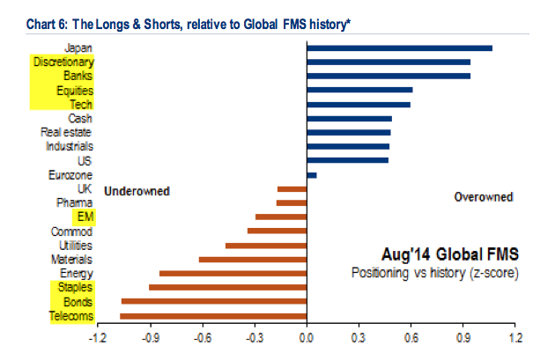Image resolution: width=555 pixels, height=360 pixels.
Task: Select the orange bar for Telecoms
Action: [x=212, y=315]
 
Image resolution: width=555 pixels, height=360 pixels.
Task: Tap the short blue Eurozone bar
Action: [x=311, y=174]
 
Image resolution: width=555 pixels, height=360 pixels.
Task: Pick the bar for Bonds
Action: [x=213, y=301]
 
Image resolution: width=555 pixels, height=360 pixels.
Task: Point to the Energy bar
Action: [x=233, y=273]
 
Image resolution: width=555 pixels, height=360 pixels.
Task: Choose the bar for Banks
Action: [x=388, y=76]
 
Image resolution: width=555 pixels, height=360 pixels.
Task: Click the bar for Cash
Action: [x=349, y=118]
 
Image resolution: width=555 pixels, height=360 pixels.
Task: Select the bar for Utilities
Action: [x=265, y=245]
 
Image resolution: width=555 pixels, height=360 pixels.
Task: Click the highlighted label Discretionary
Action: [x=63, y=62]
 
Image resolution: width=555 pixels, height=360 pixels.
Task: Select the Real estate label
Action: [x=66, y=132]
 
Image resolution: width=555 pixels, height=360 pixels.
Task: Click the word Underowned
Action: [x=137, y=190]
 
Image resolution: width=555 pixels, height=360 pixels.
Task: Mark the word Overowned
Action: [x=483, y=197]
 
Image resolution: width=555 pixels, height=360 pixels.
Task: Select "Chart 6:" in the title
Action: [x=33, y=11]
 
